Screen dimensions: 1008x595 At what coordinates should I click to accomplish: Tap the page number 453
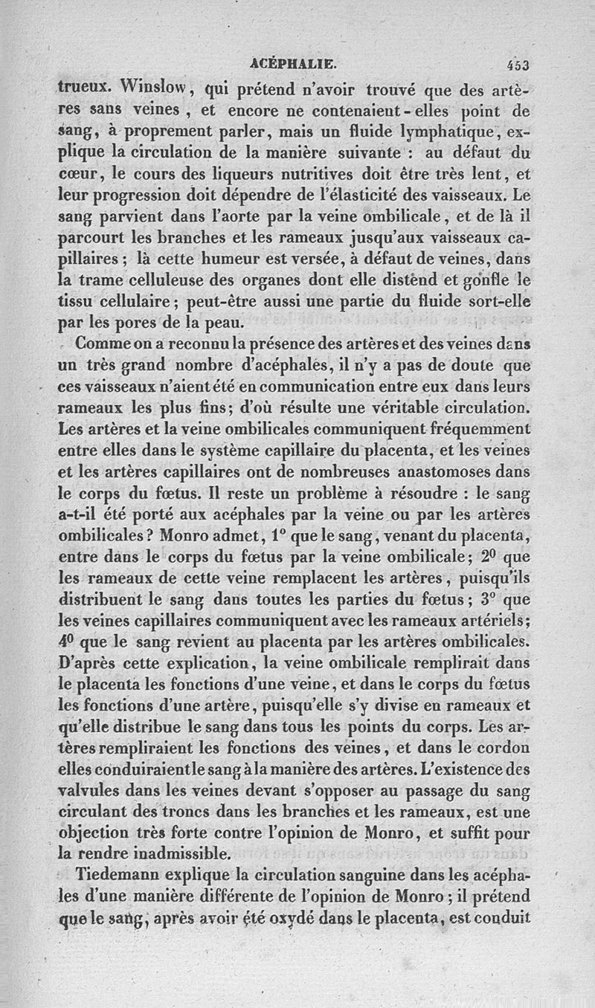[514, 65]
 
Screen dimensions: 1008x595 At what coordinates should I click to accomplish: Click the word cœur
[76, 175]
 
